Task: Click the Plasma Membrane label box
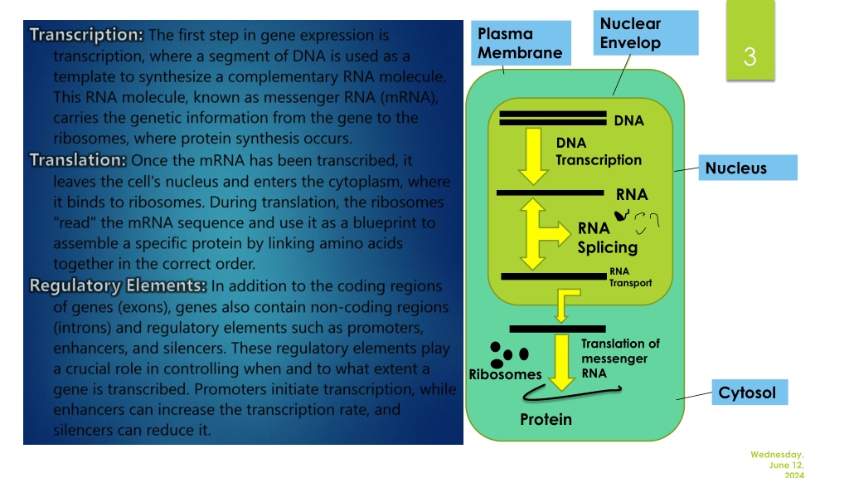pos(521,43)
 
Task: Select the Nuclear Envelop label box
pos(646,32)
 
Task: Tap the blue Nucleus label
pos(748,168)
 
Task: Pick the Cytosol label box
pos(750,393)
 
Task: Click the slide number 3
pos(750,56)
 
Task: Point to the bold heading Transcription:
pos(86,35)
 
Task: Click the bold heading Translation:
pos(78,160)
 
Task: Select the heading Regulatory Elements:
pos(118,285)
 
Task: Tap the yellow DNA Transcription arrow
pos(533,156)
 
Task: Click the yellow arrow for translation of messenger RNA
pos(562,362)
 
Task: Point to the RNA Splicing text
pos(608,237)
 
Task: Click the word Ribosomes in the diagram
pos(505,374)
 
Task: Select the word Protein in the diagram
pos(546,419)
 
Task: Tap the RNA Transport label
pos(630,277)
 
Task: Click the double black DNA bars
pos(553,118)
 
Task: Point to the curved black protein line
pos(572,393)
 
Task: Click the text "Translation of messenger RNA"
pos(620,358)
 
